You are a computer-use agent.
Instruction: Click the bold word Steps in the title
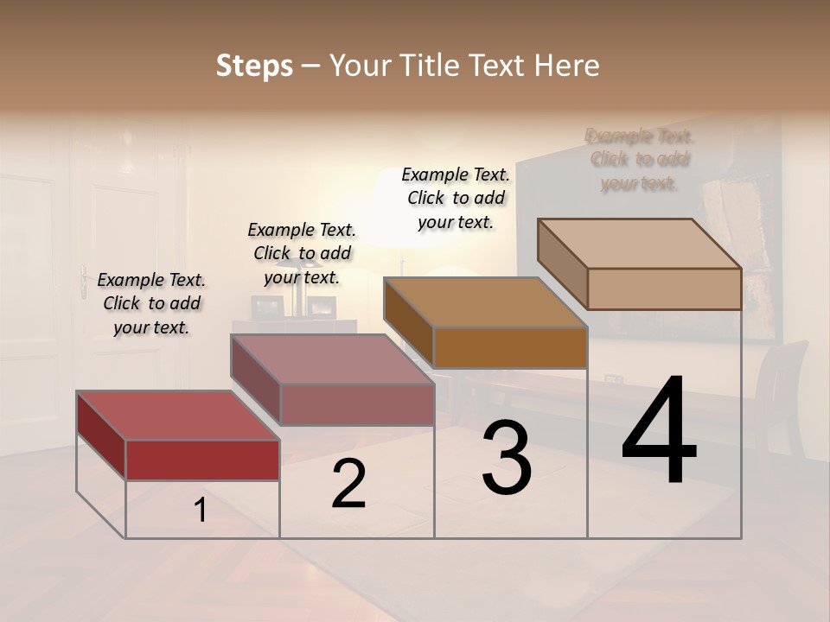click(253, 66)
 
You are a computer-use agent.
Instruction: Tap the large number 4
click(659, 432)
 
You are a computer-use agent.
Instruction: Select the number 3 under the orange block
click(507, 458)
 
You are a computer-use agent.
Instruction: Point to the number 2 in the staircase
click(348, 484)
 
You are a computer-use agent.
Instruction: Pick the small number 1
click(201, 511)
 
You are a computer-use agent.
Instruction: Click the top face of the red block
click(177, 416)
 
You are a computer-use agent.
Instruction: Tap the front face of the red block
click(202, 460)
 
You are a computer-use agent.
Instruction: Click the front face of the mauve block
click(356, 404)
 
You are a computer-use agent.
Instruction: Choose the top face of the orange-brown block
click(485, 302)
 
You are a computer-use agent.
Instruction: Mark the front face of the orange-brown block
click(510, 347)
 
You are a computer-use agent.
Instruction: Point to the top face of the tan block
click(639, 244)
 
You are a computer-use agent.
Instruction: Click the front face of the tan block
click(664, 289)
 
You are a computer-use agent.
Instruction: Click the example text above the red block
click(151, 303)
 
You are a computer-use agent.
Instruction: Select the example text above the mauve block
click(302, 253)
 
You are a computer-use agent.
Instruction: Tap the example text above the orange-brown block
click(456, 198)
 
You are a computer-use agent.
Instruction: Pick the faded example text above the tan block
click(640, 160)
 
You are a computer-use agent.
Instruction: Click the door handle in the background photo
click(84, 281)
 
